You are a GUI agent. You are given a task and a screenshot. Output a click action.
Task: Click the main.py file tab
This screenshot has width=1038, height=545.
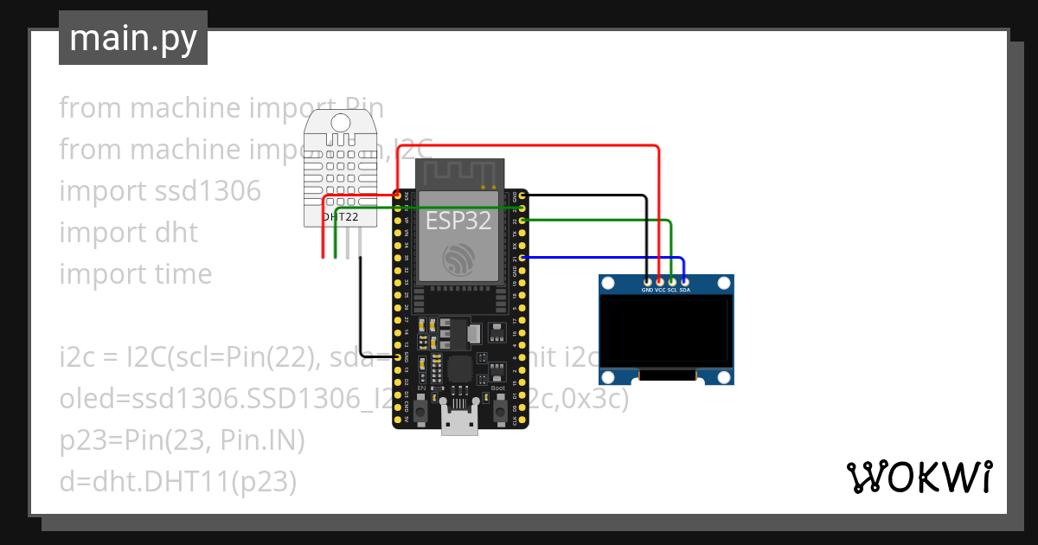(x=132, y=38)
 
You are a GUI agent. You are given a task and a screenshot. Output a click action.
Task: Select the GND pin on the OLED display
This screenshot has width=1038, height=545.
(x=648, y=281)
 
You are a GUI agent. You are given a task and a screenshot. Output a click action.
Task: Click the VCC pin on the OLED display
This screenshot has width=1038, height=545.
(x=660, y=281)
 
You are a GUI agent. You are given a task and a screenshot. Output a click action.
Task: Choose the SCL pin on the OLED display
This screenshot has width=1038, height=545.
(x=672, y=281)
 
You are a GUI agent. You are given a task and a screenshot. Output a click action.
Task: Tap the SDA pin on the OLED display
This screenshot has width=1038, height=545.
(x=684, y=281)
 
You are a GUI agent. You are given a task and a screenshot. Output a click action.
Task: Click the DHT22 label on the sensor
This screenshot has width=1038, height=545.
(x=339, y=217)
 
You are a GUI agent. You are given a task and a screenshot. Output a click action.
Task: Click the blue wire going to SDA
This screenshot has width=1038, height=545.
(x=605, y=257)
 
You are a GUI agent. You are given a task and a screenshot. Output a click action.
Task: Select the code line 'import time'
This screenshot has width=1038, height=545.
(x=136, y=274)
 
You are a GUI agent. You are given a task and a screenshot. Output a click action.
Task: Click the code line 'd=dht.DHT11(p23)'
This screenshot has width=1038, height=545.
(x=177, y=482)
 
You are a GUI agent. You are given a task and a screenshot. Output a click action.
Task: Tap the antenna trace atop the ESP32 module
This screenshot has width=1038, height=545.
(x=458, y=173)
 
